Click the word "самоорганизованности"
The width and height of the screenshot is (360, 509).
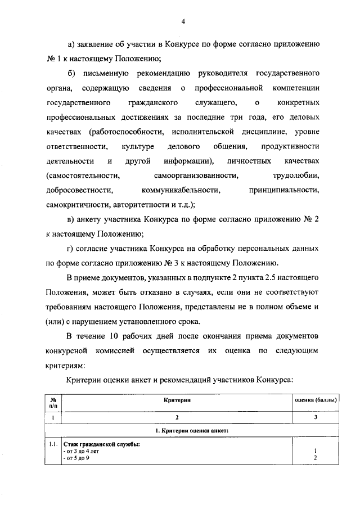pos(190,176)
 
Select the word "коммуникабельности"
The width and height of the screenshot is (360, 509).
pos(180,191)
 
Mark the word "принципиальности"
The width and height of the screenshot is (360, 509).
pos(284,191)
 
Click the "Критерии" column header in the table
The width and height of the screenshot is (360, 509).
pos(178,400)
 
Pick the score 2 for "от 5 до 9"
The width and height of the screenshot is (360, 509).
pos(316,458)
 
